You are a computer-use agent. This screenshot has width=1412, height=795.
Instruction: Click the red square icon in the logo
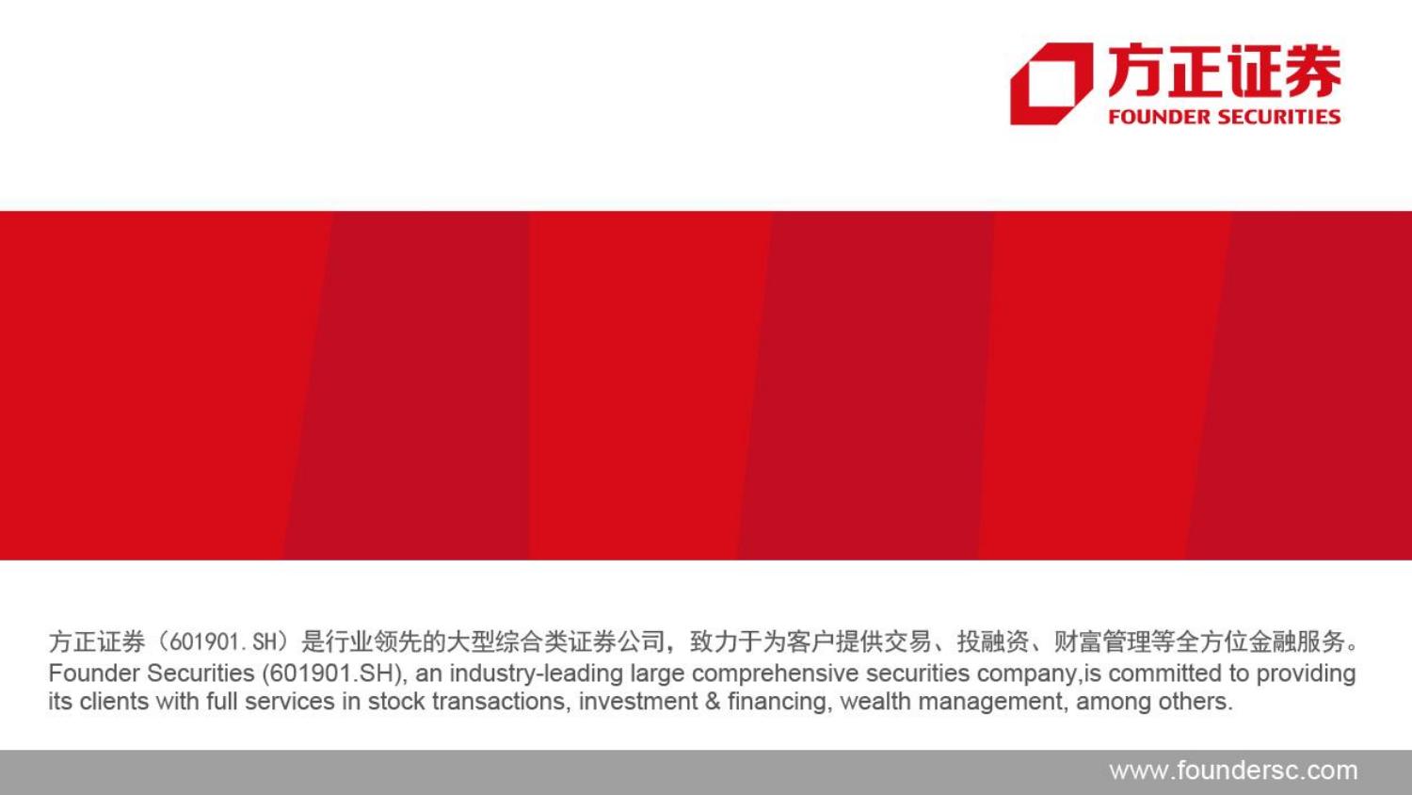point(1051,84)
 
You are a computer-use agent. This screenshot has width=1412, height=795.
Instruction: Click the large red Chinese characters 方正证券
point(1225,71)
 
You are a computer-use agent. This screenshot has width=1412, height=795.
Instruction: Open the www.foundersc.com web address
point(1233,771)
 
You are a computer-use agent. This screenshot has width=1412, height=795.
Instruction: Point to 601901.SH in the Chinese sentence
point(223,642)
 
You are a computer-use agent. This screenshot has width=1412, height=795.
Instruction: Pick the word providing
point(1307,673)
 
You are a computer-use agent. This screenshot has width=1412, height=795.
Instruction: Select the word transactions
point(499,702)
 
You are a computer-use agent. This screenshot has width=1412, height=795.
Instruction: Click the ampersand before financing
point(713,702)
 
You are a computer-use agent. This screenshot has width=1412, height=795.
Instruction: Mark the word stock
point(396,702)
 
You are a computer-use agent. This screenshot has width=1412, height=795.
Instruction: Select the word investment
point(638,702)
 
